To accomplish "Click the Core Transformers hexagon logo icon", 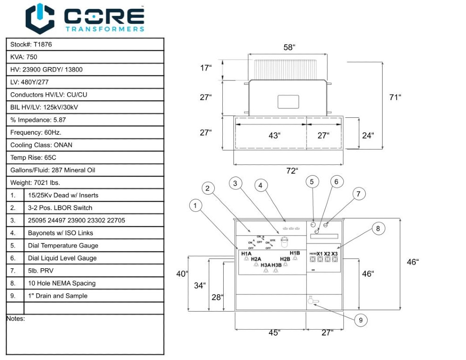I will [40, 18].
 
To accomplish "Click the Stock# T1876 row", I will [84, 44].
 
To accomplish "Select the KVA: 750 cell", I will [84, 57].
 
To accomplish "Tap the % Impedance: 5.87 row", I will [84, 120].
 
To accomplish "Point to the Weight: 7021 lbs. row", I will [84, 183].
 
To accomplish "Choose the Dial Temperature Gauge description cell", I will [94, 245].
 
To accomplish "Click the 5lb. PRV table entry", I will [94, 271].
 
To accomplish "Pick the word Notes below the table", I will [15, 319].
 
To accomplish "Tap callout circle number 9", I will [360, 320].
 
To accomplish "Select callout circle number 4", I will [261, 185].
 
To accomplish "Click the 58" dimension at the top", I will [289, 48].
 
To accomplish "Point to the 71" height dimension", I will [395, 97].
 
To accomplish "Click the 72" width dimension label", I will [292, 170].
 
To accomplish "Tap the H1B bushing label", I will [295, 253].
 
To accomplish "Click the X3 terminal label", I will [334, 254].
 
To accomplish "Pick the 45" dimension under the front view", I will [274, 332].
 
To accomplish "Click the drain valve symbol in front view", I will [311, 301].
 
